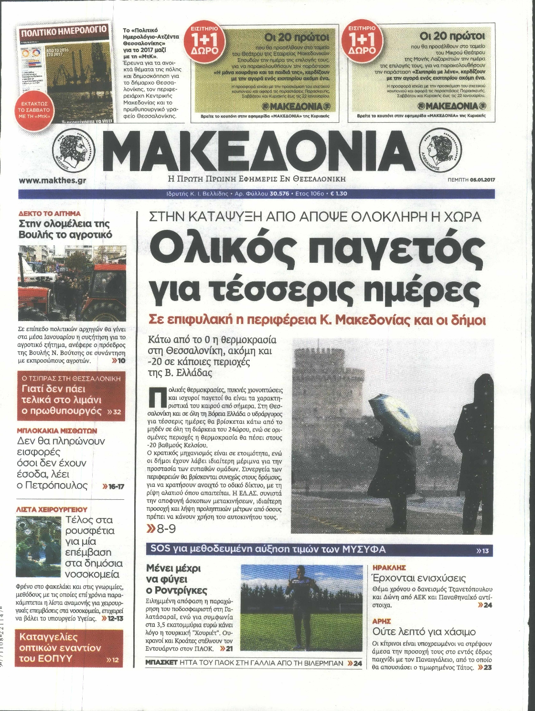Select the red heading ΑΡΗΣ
tap(382, 622)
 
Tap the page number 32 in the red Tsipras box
tap(117, 411)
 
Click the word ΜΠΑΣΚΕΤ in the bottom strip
tap(162, 663)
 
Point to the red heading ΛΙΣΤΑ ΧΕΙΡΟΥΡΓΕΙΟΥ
tap(53, 509)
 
